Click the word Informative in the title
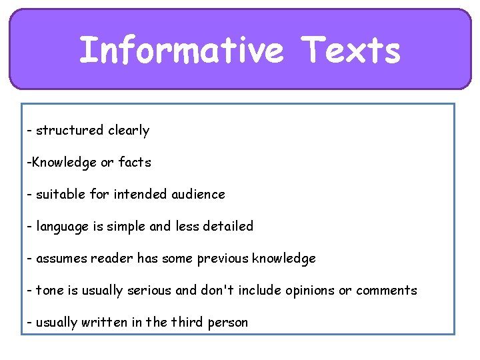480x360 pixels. (x=181, y=51)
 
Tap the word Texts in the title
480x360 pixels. (x=351, y=51)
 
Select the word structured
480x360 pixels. (x=69, y=131)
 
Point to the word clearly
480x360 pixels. (x=129, y=131)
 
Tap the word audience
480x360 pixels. (x=198, y=194)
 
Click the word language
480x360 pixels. (x=64, y=227)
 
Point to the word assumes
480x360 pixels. (x=59, y=258)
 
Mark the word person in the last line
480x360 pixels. (x=228, y=323)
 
